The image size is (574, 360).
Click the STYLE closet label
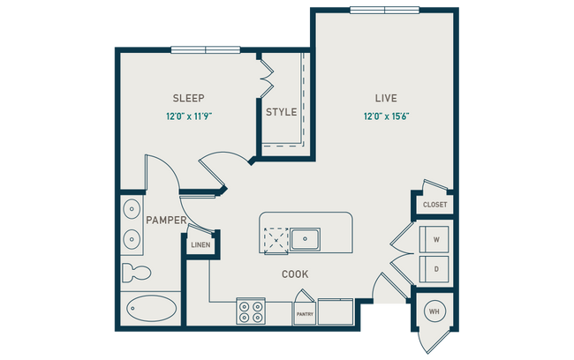(x=281, y=112)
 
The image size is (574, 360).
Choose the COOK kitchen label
(x=295, y=274)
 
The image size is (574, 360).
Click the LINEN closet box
(x=200, y=244)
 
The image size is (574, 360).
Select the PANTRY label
(x=304, y=313)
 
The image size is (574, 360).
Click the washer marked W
(x=434, y=239)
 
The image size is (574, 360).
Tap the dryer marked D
(x=434, y=266)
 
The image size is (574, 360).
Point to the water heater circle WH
(x=434, y=311)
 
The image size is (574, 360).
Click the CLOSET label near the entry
(x=434, y=205)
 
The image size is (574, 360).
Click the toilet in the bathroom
(x=132, y=270)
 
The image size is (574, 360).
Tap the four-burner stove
(x=250, y=312)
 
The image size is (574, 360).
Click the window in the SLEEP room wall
(x=205, y=49)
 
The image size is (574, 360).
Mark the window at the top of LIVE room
(x=384, y=10)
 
